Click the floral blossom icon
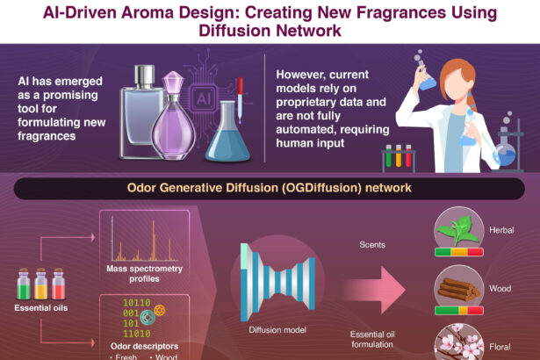457,342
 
